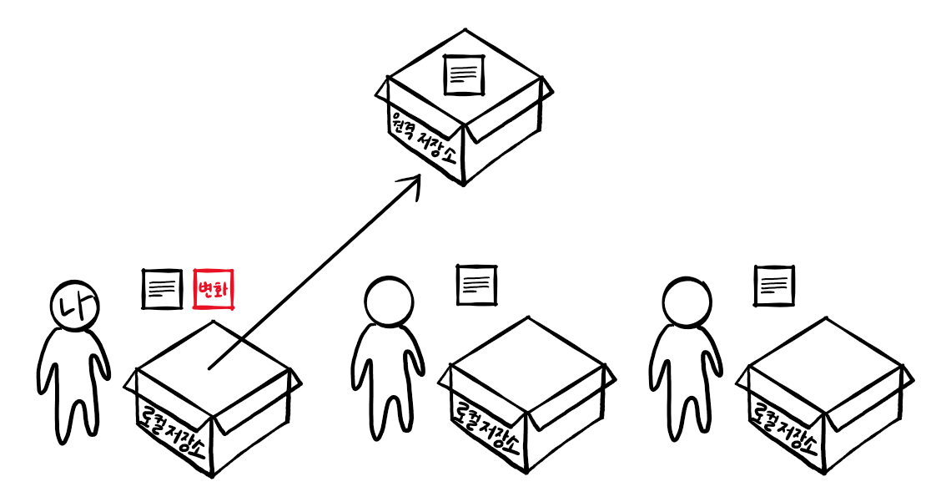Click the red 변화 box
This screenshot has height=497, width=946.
point(214,289)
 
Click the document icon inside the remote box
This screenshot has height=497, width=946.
point(465,74)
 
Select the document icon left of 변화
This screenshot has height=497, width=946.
point(162,289)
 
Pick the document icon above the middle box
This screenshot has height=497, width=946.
point(477,285)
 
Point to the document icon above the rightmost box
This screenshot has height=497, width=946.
point(774,286)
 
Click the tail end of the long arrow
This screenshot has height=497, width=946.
point(210,367)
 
